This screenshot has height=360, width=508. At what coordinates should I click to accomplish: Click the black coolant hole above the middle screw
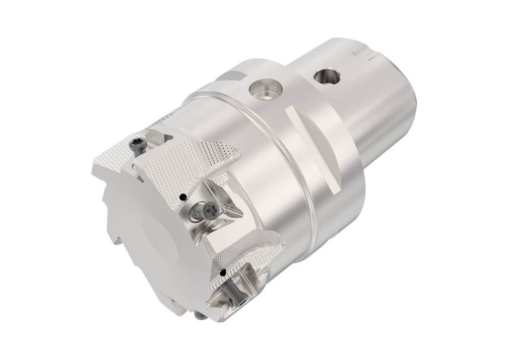[x=183, y=197]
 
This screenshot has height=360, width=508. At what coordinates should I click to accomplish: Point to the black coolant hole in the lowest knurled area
[x=223, y=272]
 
